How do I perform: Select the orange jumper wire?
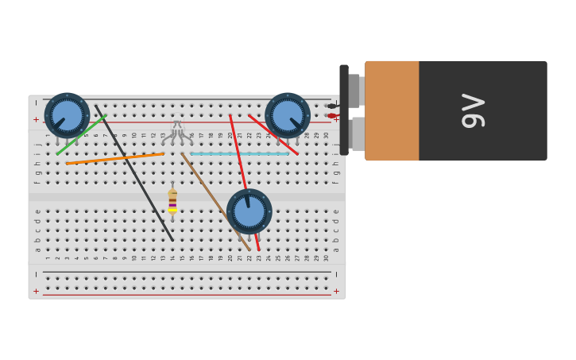115,158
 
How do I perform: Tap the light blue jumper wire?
238,153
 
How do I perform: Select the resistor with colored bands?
172,200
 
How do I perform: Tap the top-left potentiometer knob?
68,115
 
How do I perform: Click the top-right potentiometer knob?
288,115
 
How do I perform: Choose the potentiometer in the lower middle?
249,211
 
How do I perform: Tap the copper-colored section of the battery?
392,110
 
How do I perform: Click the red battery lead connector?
332,116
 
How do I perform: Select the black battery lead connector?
332,106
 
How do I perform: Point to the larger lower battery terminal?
358,134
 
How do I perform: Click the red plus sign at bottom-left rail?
36,292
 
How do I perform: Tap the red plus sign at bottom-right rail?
336,292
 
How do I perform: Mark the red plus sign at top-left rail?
36,120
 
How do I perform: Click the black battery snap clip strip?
344,110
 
